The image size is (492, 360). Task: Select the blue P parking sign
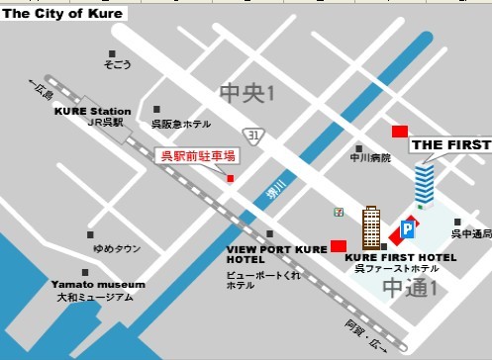407,230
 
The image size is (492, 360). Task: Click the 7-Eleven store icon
340,212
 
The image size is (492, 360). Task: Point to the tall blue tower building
425,187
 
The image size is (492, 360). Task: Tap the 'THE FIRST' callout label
450,144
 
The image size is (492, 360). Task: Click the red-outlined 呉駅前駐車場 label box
198,155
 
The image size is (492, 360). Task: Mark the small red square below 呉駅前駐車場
231,178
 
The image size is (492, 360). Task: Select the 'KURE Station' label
93,111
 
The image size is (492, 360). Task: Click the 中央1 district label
246,95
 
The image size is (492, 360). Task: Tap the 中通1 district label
410,288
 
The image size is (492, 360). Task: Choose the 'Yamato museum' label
98,284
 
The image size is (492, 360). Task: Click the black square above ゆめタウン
90,235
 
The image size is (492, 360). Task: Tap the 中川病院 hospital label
370,157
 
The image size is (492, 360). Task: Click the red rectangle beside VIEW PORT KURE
338,245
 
